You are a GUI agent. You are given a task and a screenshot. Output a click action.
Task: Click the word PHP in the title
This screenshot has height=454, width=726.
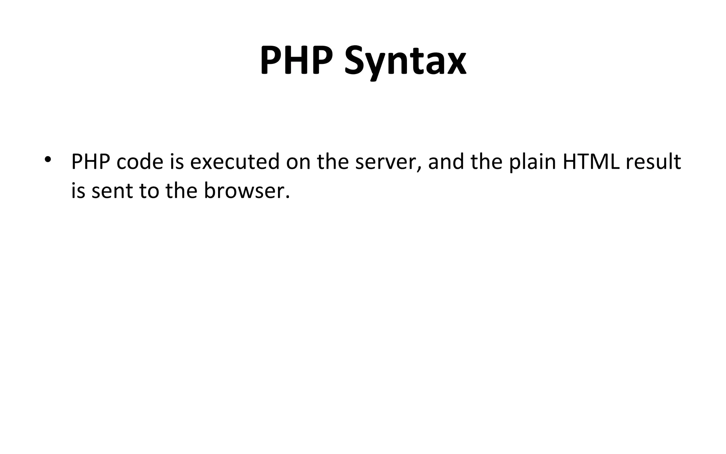pyautogui.click(x=296, y=61)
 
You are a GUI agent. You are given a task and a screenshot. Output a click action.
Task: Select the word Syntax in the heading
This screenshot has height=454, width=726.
pyautogui.click(x=405, y=62)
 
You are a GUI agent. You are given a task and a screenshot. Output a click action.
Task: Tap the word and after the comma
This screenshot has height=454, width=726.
pyautogui.click(x=446, y=162)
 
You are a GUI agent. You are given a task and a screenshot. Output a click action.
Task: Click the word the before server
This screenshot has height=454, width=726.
pyautogui.click(x=333, y=162)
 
